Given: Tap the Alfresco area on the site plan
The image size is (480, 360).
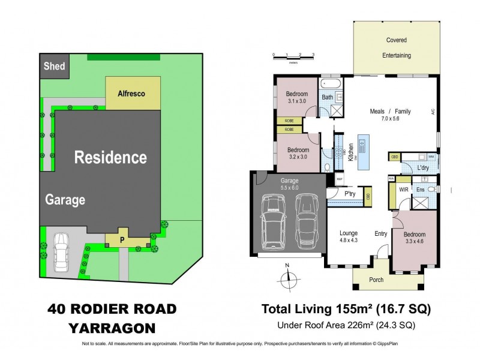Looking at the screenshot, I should pos(131,94).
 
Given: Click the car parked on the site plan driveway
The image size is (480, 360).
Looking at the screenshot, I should pos(63,251).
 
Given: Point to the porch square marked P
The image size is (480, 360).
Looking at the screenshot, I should pos(122,238).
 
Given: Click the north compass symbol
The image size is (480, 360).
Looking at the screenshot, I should pos(287,277).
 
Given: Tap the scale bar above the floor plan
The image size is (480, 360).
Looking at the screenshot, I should pos(293,55).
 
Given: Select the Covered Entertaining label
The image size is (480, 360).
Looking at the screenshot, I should pos(396,48).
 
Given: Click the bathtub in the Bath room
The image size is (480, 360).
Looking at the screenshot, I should pos(329,83).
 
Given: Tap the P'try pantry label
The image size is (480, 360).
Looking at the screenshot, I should pos(350,193).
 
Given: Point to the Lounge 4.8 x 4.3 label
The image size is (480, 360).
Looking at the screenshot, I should pos(348,237).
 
